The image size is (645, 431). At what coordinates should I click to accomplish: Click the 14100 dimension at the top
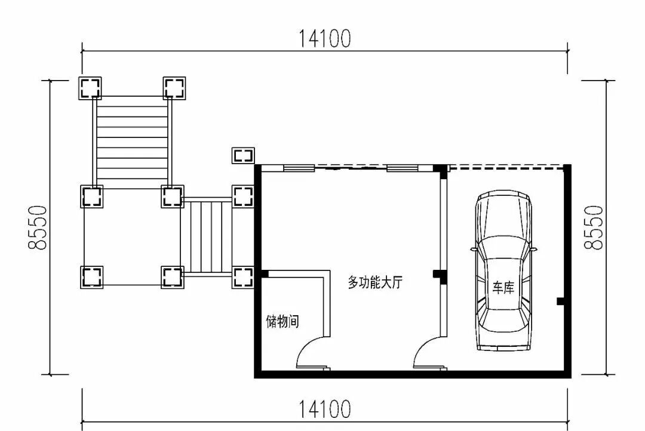(x=325, y=39)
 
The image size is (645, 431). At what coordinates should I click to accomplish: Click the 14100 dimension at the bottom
(x=325, y=410)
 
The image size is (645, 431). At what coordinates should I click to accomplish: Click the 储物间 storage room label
(x=282, y=322)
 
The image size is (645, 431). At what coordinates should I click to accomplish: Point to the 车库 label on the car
(x=503, y=288)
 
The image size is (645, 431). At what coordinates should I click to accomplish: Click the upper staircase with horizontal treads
(x=133, y=141)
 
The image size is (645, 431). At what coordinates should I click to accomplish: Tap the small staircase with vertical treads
(x=207, y=236)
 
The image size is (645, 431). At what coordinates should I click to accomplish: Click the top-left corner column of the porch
(x=91, y=88)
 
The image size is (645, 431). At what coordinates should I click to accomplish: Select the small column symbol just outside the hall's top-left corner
(x=243, y=156)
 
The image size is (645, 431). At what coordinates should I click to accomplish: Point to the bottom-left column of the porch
(x=91, y=277)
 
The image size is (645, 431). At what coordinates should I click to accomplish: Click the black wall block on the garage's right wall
(x=560, y=301)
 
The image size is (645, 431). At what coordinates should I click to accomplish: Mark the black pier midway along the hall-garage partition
(x=439, y=275)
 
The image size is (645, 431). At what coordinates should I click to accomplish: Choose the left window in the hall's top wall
(x=299, y=168)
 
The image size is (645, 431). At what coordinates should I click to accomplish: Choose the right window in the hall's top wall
(x=403, y=168)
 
